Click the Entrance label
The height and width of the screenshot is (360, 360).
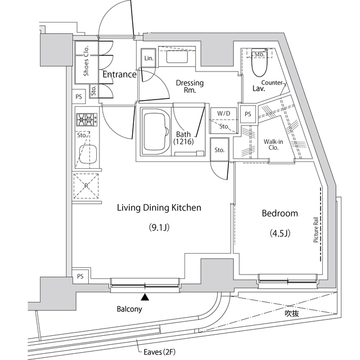pyautogui.click(x=119, y=74)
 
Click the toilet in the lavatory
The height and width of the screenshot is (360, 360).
pyautogui.click(x=260, y=67)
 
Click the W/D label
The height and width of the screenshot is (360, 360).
pyautogui.click(x=223, y=113)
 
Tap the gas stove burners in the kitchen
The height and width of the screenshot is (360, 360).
pyautogui.click(x=85, y=119)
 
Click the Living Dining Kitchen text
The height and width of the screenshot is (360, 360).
pyautogui.click(x=159, y=208)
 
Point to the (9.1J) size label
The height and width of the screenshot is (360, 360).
pyautogui.click(x=159, y=228)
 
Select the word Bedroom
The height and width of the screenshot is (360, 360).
pyautogui.click(x=280, y=214)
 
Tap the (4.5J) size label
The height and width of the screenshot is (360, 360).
pyautogui.click(x=280, y=233)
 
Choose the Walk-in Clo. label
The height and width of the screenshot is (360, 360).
pyautogui.click(x=274, y=145)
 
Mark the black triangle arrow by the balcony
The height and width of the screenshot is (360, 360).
pyautogui.click(x=145, y=297)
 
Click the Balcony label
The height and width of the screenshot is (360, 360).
pyautogui.click(x=129, y=309)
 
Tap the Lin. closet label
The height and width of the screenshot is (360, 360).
pyautogui.click(x=148, y=58)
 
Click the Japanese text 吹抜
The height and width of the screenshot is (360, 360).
pyautogui.click(x=291, y=313)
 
